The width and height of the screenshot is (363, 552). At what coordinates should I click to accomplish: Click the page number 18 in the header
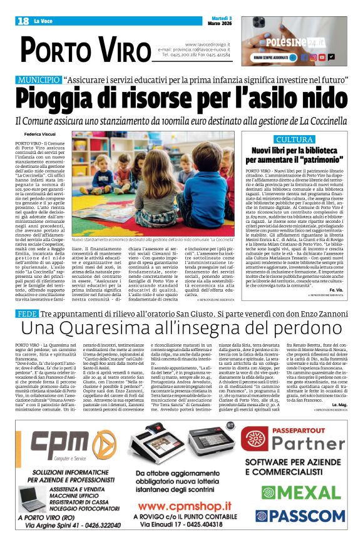tap(23, 21)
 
